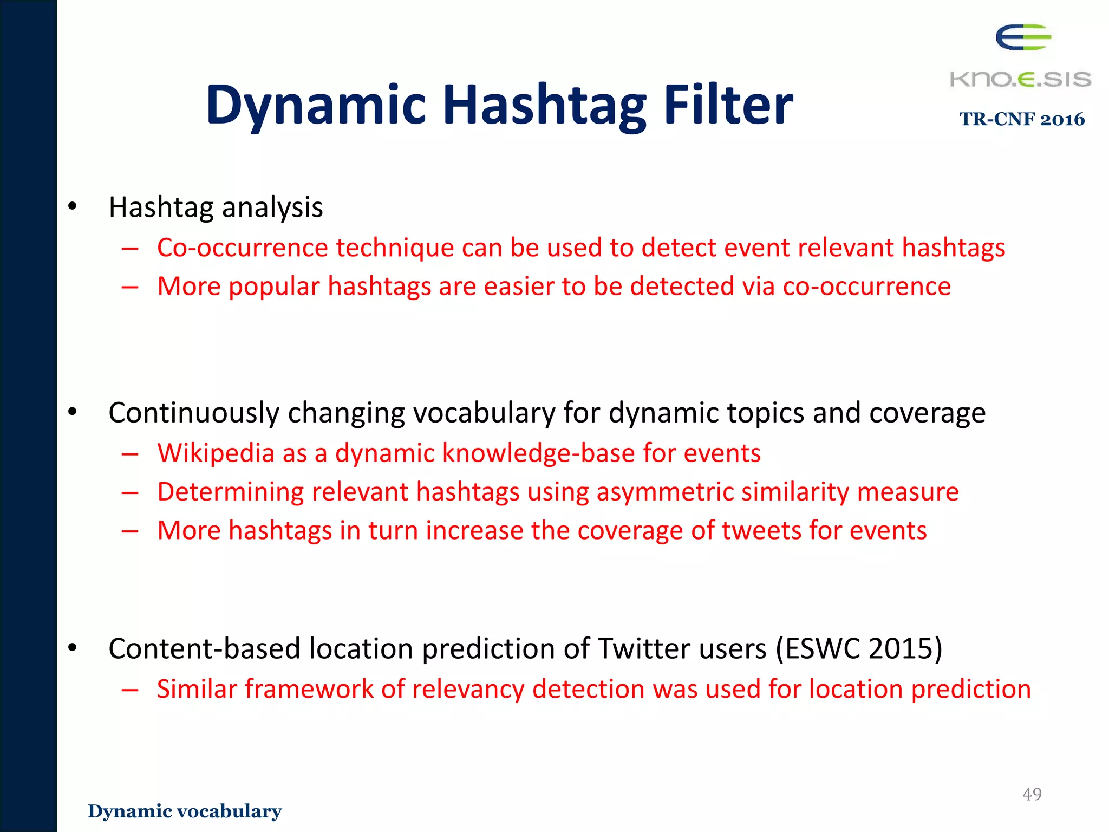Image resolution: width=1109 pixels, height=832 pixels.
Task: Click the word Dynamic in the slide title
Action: click(316, 106)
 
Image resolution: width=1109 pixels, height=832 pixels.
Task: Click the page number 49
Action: click(1032, 794)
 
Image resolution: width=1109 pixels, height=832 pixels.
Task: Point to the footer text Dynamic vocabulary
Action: click(185, 811)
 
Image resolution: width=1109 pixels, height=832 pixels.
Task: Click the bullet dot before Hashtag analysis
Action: click(73, 207)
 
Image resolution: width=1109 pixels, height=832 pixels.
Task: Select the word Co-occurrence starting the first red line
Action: click(242, 248)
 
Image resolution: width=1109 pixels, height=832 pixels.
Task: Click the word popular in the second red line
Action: click(274, 287)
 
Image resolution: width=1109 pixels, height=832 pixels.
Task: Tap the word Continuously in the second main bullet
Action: click(193, 413)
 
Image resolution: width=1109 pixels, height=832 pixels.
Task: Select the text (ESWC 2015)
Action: click(859, 648)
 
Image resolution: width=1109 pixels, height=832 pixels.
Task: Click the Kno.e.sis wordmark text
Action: click(1020, 79)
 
